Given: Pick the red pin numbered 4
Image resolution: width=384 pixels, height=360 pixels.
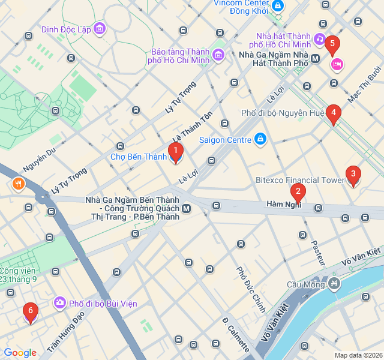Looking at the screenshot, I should point(334,113).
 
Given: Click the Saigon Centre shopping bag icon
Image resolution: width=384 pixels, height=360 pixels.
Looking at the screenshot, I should point(260,140).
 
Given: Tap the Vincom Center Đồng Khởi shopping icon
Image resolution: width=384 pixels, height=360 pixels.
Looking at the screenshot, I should point(277,6).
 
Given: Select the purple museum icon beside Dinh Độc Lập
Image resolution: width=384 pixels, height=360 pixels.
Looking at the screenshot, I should point(100,28).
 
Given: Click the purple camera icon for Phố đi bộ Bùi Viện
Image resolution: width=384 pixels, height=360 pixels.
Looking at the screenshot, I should point(59,303).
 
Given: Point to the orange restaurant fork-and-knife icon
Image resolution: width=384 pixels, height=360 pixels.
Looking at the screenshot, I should point(19,184).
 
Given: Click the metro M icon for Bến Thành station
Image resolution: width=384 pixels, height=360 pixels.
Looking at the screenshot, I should point(187,208).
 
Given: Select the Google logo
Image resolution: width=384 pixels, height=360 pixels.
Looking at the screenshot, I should point(20,353).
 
